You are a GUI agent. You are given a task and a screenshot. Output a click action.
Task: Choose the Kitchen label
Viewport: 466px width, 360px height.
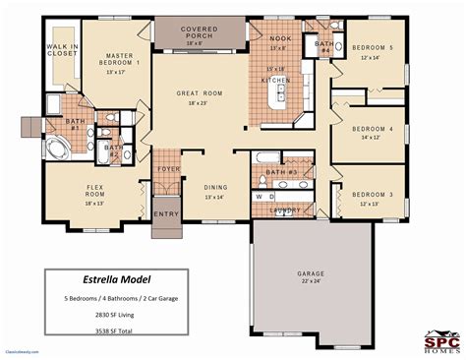(275, 79)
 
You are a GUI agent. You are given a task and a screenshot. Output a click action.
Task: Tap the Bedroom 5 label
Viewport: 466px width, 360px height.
(376, 47)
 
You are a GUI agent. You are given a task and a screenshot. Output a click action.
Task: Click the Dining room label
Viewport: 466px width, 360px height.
(216, 188)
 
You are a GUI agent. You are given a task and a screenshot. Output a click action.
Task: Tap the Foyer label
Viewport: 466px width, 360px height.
(169, 169)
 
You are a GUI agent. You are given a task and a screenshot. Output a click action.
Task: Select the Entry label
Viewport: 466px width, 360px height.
(166, 213)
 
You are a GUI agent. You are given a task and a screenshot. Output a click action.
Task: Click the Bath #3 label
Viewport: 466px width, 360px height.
(281, 172)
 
